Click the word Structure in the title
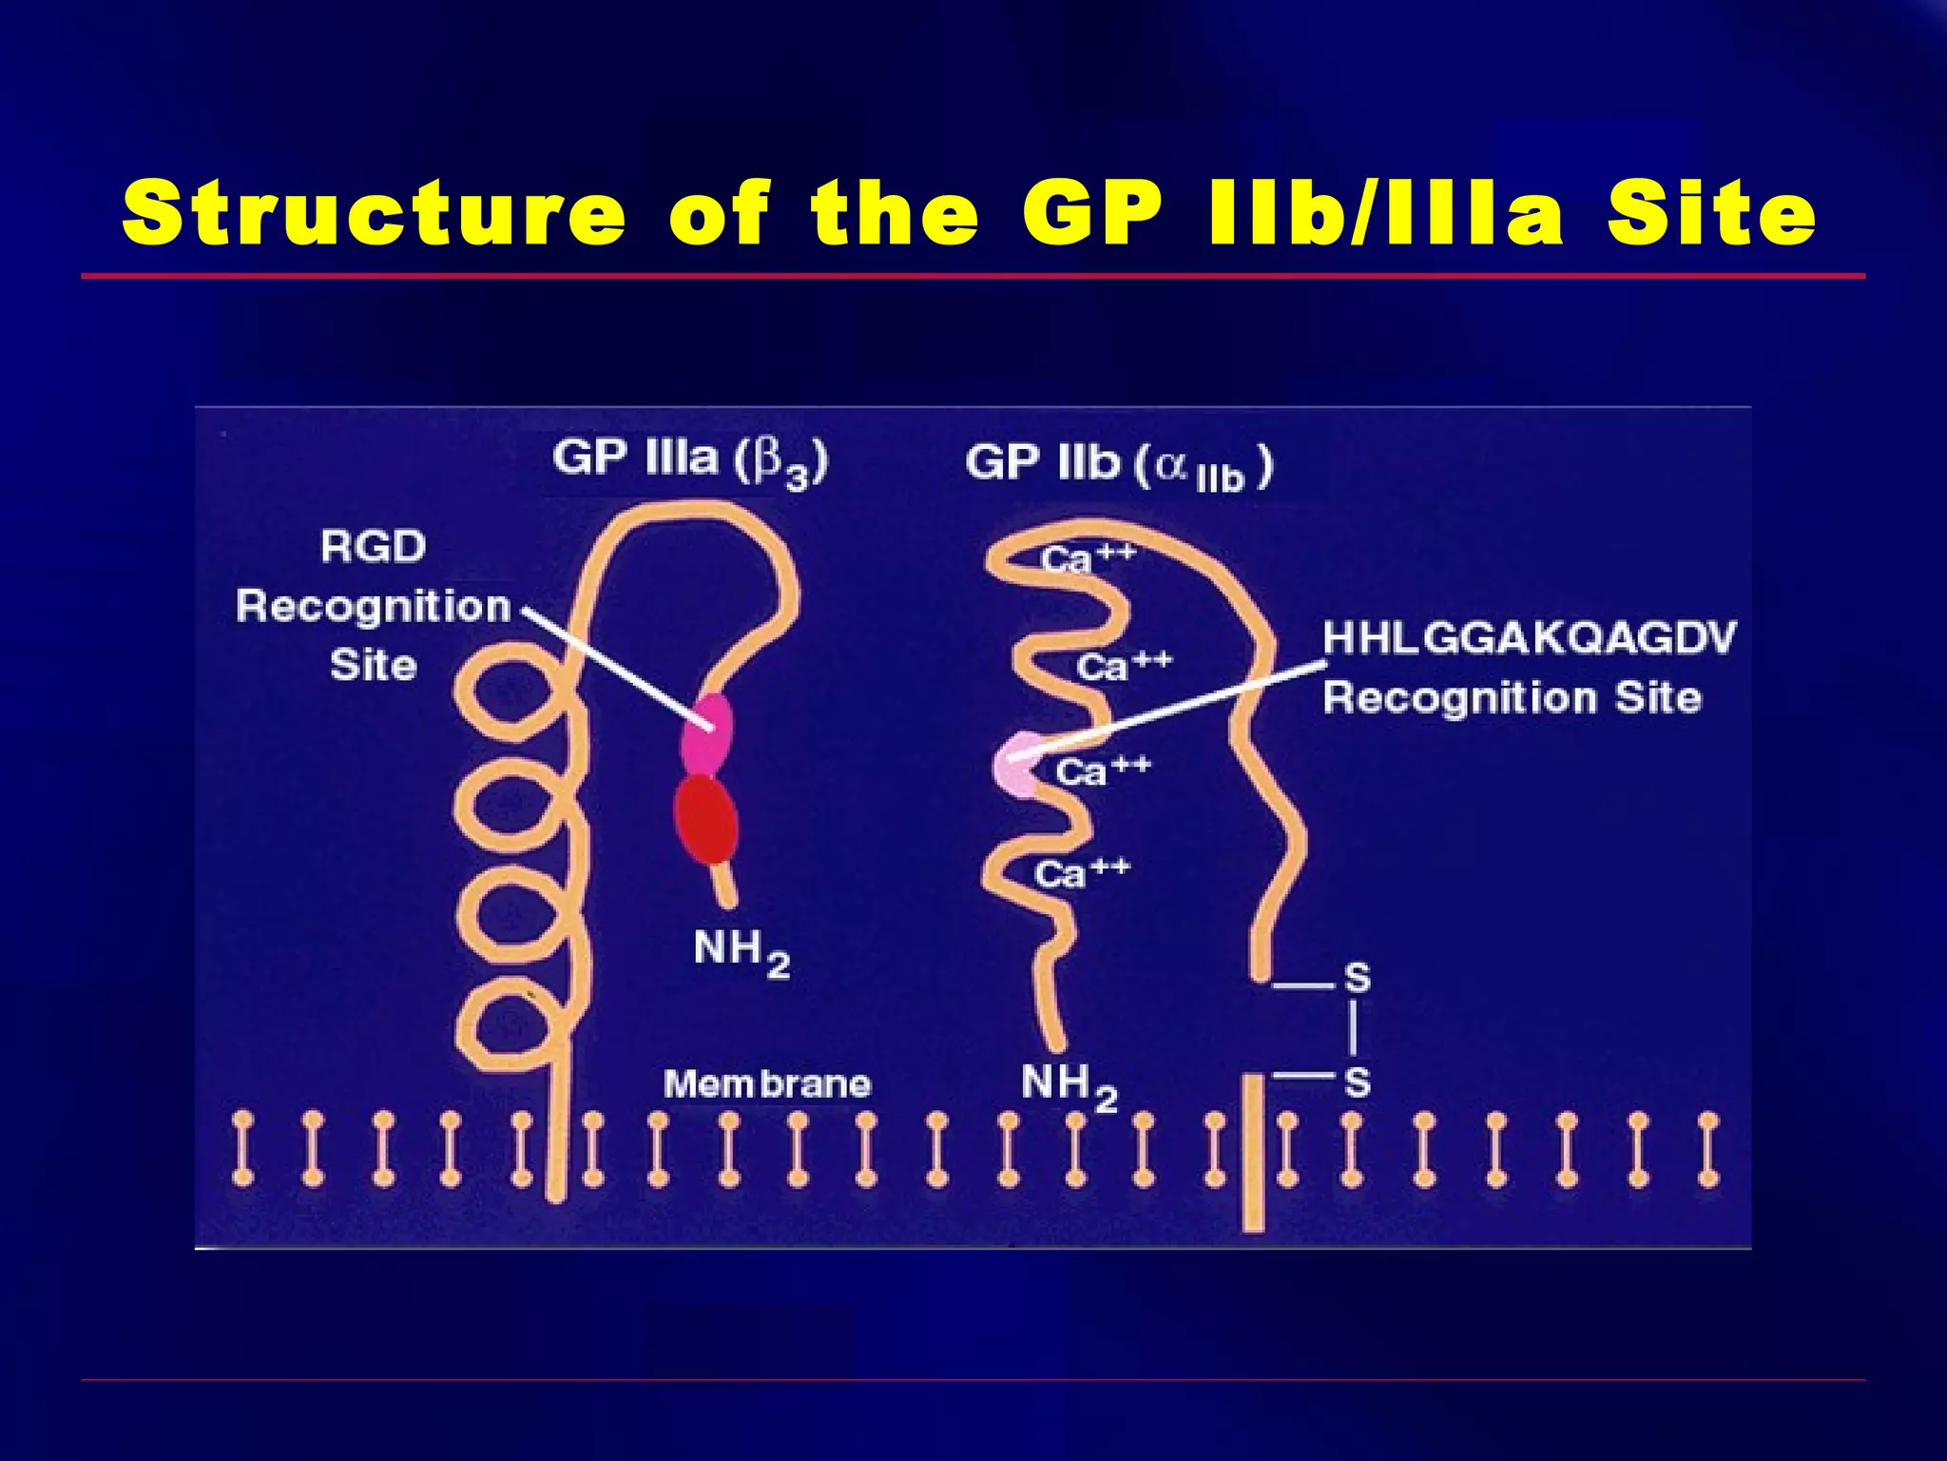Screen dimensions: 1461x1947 click(x=374, y=213)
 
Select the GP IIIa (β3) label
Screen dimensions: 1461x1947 click(x=690, y=460)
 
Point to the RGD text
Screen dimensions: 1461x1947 click(x=373, y=547)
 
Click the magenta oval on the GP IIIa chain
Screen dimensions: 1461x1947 click(x=706, y=733)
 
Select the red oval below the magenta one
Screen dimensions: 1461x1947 click(x=706, y=818)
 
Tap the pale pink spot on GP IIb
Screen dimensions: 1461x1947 click(x=1015, y=767)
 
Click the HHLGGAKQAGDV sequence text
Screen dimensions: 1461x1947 click(x=1529, y=638)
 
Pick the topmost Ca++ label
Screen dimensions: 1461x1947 click(x=1087, y=557)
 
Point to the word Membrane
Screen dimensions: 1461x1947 click(x=766, y=1083)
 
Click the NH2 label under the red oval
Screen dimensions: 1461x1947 click(x=741, y=951)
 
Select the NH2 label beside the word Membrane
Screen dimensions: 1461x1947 click(x=1068, y=1085)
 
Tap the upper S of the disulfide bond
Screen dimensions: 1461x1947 click(x=1357, y=978)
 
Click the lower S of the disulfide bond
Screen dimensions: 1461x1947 click(x=1357, y=1082)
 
